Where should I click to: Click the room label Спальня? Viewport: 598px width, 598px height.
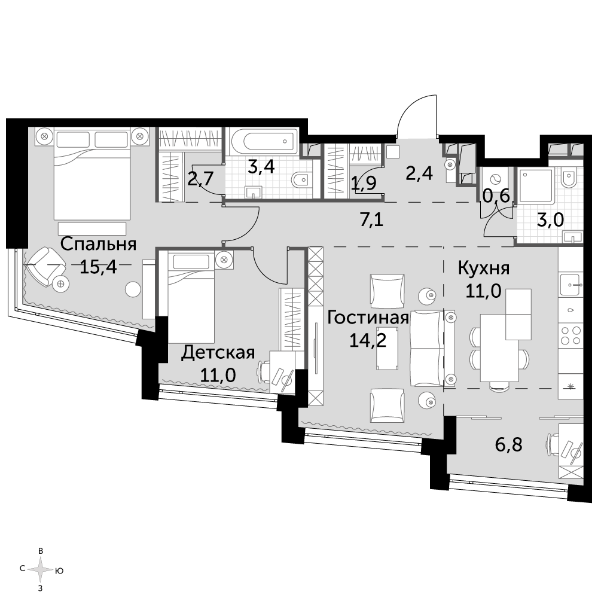[x=99, y=245]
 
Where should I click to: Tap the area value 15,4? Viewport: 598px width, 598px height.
[x=98, y=268]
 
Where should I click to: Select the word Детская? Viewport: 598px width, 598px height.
[x=218, y=353]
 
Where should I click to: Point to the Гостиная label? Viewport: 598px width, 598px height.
[x=368, y=318]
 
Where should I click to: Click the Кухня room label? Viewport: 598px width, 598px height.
[x=484, y=269]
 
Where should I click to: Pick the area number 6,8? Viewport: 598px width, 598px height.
[x=508, y=445]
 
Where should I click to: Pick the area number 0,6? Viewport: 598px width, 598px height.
[x=496, y=196]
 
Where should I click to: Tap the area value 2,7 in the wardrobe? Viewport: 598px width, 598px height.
[x=200, y=178]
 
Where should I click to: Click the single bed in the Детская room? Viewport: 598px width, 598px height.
[x=191, y=297]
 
